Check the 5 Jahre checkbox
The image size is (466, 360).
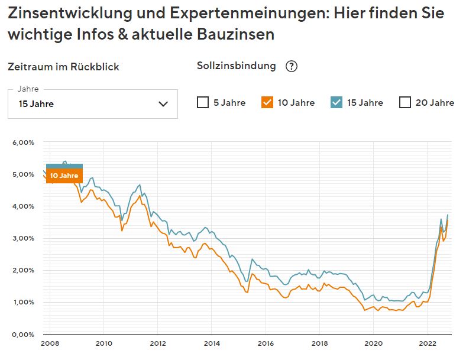pyautogui.click(x=203, y=102)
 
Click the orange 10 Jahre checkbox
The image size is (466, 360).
pyautogui.click(x=267, y=102)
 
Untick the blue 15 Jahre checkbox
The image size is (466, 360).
pyautogui.click(x=336, y=102)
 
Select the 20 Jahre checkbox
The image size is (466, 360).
pyautogui.click(x=405, y=102)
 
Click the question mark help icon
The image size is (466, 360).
pyautogui.click(x=291, y=66)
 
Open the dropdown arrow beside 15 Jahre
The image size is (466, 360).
pyautogui.click(x=164, y=104)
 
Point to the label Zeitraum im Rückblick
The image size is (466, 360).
pyautogui.click(x=63, y=67)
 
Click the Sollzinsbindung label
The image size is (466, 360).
pyautogui.click(x=236, y=66)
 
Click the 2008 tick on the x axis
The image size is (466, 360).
pyautogui.click(x=49, y=343)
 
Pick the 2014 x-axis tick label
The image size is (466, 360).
pyautogui.click(x=211, y=343)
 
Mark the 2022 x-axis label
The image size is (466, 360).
pyautogui.click(x=427, y=343)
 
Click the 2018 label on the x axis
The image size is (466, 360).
pyautogui.click(x=319, y=343)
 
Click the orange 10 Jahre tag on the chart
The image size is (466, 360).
pyautogui.click(x=64, y=176)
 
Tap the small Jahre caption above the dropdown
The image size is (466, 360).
pyautogui.click(x=28, y=89)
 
